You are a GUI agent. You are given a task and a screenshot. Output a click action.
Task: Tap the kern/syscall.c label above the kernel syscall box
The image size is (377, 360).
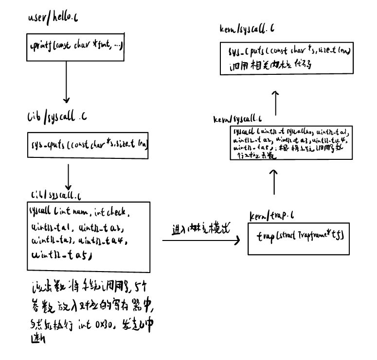tap(238, 118)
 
